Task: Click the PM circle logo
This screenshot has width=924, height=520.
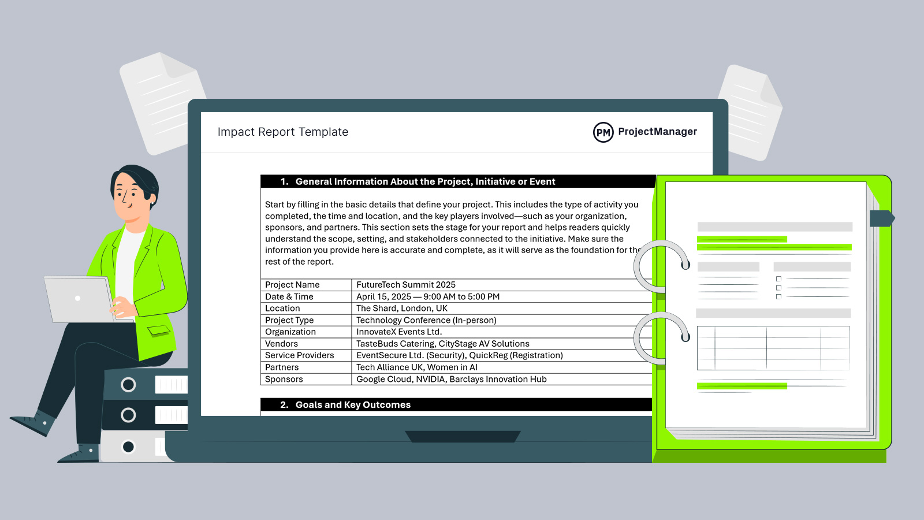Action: click(x=603, y=132)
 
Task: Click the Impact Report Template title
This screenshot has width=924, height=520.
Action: click(x=282, y=132)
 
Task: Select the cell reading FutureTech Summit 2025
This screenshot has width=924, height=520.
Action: click(x=405, y=285)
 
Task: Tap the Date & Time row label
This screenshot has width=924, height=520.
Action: click(x=289, y=297)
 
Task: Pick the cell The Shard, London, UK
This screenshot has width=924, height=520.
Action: click(x=401, y=309)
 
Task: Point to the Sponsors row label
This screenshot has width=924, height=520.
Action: click(x=284, y=380)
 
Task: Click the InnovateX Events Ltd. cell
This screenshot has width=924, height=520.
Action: click(x=398, y=332)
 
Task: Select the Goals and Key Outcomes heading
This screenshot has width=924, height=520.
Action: click(x=353, y=405)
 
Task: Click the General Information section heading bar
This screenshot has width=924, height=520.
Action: click(x=425, y=181)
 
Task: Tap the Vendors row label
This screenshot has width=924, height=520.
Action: click(x=282, y=344)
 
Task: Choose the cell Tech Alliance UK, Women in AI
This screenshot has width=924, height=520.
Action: click(x=416, y=367)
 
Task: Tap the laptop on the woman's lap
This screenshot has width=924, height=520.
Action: click(x=80, y=299)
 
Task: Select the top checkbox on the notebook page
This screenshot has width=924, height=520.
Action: click(x=778, y=279)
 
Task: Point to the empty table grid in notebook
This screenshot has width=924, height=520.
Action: click(x=773, y=348)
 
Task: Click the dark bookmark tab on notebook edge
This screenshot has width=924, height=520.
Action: click(x=881, y=218)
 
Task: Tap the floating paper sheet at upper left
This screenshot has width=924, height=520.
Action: click(x=162, y=103)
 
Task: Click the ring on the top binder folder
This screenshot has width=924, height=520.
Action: click(x=128, y=385)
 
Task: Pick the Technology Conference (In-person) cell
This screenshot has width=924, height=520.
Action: click(x=426, y=321)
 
